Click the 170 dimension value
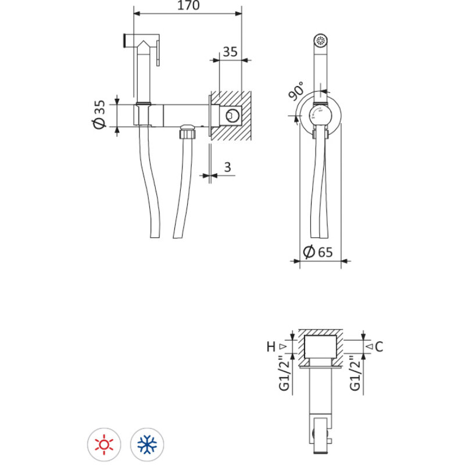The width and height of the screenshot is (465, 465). click(188, 5)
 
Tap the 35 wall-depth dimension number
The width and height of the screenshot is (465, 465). click(230, 52)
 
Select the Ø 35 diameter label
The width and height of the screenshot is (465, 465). click(99, 115)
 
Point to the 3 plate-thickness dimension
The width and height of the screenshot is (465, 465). click(227, 167)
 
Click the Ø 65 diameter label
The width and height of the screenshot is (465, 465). click(318, 252)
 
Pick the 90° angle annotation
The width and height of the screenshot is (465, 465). click(296, 91)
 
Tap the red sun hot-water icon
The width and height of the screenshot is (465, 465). click(104, 445)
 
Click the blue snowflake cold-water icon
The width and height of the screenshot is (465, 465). click(147, 445)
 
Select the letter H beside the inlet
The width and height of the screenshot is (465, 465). click(271, 346)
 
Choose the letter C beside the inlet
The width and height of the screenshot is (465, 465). click(379, 346)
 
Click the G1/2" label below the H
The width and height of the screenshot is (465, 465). click(284, 373)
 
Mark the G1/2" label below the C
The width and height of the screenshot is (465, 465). click(355, 373)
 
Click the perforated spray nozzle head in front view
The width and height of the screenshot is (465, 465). click(321, 40)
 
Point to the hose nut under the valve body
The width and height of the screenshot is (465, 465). click(188, 132)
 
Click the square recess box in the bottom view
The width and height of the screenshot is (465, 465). click(321, 346)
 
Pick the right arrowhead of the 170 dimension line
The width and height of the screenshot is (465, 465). click(238, 13)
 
